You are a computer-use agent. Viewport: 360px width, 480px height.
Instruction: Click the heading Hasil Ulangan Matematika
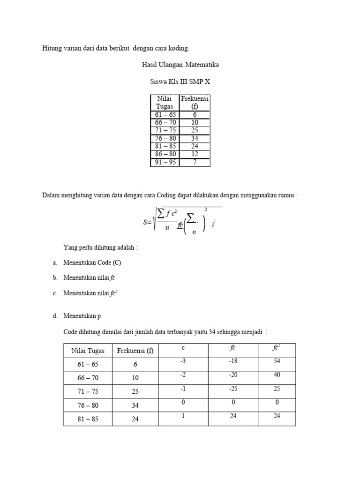coord(180,65)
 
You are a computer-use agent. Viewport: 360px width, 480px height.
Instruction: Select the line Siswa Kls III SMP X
coord(180,81)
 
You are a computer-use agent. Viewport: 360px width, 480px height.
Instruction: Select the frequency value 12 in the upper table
coord(195,154)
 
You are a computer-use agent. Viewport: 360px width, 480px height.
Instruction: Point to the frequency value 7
coord(195,162)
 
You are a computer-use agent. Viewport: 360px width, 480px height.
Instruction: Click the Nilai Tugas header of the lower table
coord(88,351)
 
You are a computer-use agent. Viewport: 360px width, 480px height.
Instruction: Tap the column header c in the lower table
coord(182,348)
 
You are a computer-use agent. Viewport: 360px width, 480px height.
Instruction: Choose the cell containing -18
coord(232,361)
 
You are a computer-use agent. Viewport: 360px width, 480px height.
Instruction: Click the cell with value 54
coord(277,361)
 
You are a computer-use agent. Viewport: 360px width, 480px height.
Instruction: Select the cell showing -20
coord(232,375)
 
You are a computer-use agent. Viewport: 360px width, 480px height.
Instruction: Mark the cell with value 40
coord(277,375)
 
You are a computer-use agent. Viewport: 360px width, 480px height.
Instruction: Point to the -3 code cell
coord(182,361)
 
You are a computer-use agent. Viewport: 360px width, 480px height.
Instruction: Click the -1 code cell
coord(182,389)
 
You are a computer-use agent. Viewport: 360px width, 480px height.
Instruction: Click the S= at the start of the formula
coord(148,223)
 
